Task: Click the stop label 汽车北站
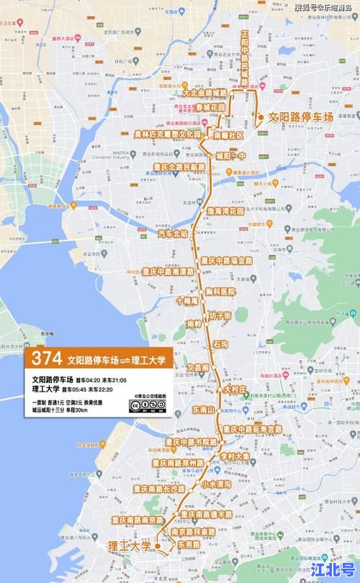[172, 233]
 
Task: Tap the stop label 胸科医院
[220, 291]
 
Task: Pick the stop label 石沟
[220, 345]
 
